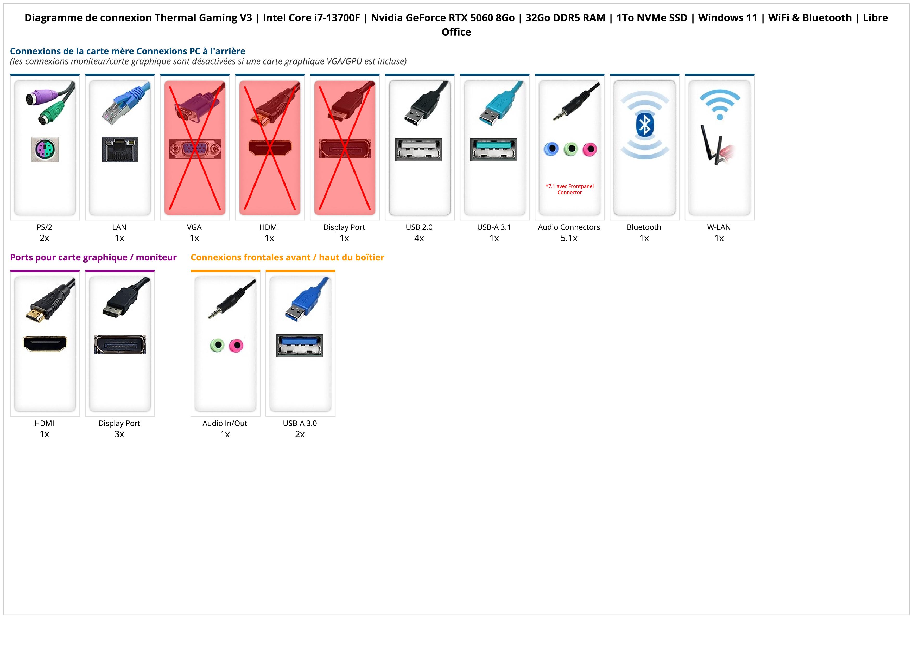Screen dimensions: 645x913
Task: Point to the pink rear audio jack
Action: [590, 149]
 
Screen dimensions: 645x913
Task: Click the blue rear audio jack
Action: [551, 149]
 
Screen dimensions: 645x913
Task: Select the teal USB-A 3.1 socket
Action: [493, 149]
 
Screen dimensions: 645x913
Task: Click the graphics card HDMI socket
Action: [45, 344]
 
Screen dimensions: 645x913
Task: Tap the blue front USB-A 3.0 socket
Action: [299, 345]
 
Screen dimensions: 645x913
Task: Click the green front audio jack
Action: [217, 345]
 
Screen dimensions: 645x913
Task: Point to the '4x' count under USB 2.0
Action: [419, 238]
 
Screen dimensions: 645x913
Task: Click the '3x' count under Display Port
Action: [119, 434]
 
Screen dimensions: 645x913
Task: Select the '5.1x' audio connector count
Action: [569, 238]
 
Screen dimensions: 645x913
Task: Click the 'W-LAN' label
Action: [719, 227]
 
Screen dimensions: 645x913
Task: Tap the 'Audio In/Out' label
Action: [225, 423]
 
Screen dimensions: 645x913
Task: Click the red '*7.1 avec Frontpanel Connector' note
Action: [569, 189]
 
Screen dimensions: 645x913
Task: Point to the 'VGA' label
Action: [194, 227]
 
